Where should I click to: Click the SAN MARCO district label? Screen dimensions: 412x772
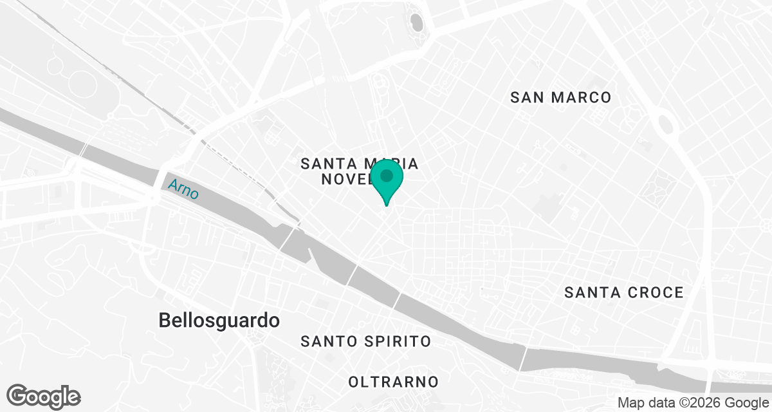point(560,98)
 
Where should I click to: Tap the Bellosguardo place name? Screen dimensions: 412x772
point(219,320)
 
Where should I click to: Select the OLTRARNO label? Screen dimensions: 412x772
point(393,382)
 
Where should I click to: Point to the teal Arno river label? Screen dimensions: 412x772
point(183,189)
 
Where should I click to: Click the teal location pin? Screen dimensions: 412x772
point(387,181)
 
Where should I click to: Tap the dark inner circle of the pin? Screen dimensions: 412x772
point(387,176)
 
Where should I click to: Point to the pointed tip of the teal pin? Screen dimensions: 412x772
point(387,205)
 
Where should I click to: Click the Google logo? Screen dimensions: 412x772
point(44,396)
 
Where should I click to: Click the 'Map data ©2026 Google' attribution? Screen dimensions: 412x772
point(692,403)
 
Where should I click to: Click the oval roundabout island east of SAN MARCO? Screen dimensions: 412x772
point(666,124)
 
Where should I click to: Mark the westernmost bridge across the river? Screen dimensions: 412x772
point(82,149)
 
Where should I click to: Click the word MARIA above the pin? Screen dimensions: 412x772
point(392,164)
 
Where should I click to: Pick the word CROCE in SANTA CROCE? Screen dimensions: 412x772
point(654,293)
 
